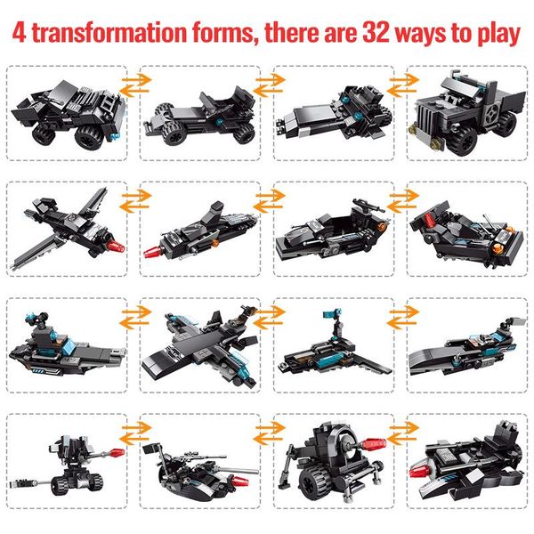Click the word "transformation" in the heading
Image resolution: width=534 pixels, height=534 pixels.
[109, 33]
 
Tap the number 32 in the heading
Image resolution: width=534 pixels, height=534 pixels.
[376, 33]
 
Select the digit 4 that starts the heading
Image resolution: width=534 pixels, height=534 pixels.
[19, 33]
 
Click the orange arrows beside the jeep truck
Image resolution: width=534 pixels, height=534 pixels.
[402, 85]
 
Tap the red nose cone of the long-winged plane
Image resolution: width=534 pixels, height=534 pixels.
[116, 246]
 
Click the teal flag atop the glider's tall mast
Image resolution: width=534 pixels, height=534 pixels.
[332, 313]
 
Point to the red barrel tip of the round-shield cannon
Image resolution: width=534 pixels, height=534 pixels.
[375, 444]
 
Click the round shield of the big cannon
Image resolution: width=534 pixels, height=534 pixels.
[344, 443]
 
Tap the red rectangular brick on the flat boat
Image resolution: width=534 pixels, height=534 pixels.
[430, 220]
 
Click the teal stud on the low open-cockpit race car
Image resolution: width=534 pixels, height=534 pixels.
[219, 121]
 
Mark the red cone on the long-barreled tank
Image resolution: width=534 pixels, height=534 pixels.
[239, 481]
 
